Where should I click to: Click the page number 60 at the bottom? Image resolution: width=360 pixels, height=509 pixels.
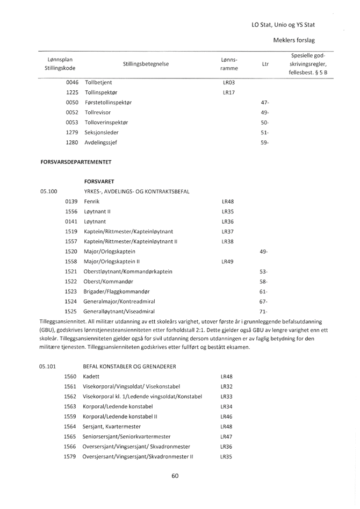175,476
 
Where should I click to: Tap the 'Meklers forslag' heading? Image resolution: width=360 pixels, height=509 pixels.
294,40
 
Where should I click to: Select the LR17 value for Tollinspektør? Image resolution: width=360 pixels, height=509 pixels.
227,92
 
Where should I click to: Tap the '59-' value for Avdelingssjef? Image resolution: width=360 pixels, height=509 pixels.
264,143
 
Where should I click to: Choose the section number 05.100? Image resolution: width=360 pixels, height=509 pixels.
48,190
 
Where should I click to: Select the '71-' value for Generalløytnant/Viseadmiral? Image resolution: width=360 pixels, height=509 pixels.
264,311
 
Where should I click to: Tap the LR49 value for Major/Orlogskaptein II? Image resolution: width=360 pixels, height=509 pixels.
227,261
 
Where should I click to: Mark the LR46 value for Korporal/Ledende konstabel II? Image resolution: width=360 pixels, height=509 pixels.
227,416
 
